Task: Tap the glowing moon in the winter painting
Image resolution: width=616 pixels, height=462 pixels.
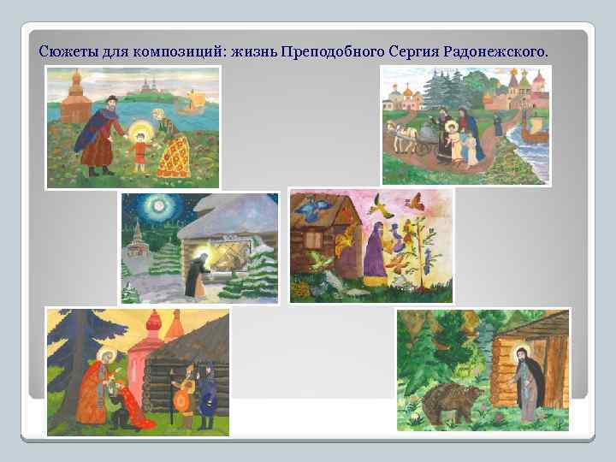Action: click(x=160, y=209)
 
